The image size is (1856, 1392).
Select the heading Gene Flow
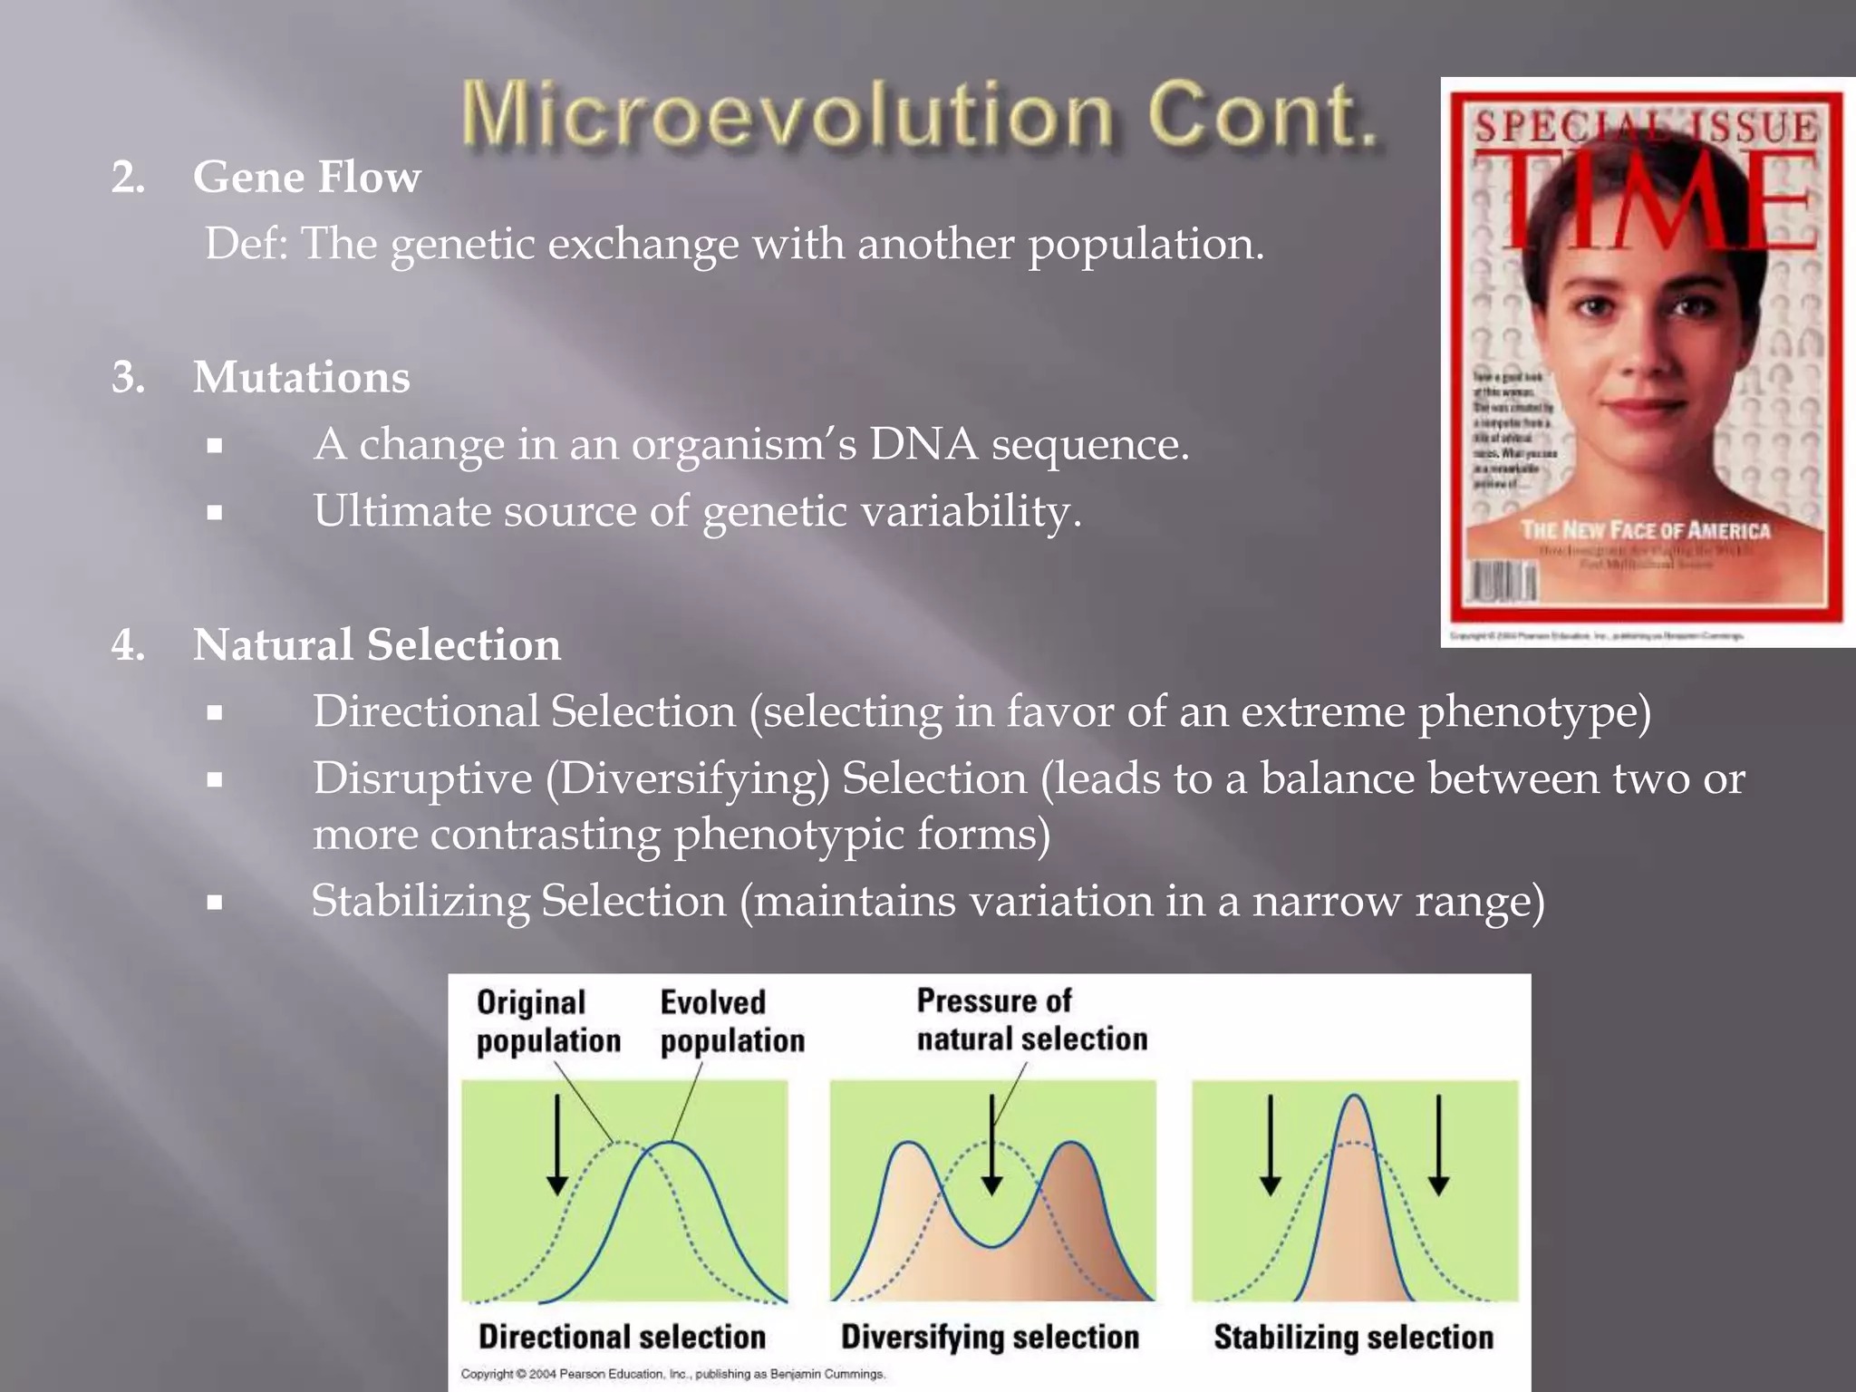tap(306, 177)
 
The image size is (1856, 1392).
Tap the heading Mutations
tap(301, 377)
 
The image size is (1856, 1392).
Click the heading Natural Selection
tap(376, 645)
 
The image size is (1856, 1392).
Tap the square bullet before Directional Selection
tap(215, 713)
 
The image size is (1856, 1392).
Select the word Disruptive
tap(422, 779)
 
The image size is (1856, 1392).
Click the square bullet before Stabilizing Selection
tap(215, 903)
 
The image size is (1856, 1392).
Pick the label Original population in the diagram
tap(547, 1021)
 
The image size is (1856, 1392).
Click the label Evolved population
tap(731, 1021)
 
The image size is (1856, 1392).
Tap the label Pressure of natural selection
tap(1030, 1020)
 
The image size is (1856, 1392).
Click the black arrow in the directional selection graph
tap(557, 1146)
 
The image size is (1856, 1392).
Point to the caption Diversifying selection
tap(990, 1337)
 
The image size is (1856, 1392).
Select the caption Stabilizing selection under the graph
tap(1353, 1338)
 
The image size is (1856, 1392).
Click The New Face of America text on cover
tap(1645, 530)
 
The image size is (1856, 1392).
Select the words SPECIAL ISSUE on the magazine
tap(1645, 127)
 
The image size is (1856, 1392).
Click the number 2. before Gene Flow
tap(129, 178)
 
